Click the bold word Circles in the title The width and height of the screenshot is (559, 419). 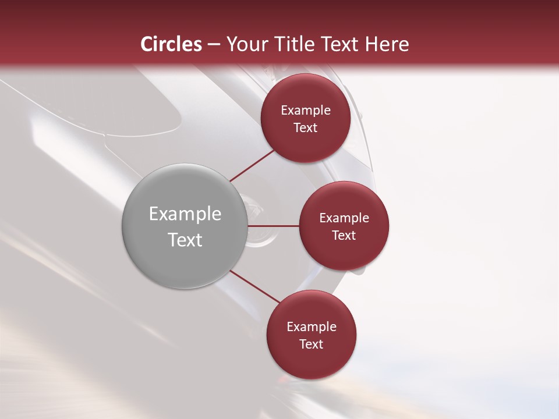coord(171,44)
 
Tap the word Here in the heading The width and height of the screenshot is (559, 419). coord(387,44)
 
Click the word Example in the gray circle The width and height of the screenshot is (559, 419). coord(185,214)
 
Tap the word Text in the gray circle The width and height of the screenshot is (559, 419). coord(185,240)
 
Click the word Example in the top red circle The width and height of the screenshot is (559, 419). coord(306,111)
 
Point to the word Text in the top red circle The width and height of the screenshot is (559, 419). coord(306,128)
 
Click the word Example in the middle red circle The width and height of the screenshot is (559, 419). coord(344,218)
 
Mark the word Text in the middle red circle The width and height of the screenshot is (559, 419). coord(344,236)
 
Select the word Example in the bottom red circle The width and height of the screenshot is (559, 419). coord(312,327)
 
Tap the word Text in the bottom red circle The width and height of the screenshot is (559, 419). coord(312,345)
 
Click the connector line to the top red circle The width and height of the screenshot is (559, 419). coord(252,165)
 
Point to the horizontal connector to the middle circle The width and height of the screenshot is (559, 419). coord(274,226)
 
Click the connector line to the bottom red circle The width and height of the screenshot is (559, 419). coord(254,286)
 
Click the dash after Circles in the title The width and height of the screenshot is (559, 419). coord(214,45)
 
